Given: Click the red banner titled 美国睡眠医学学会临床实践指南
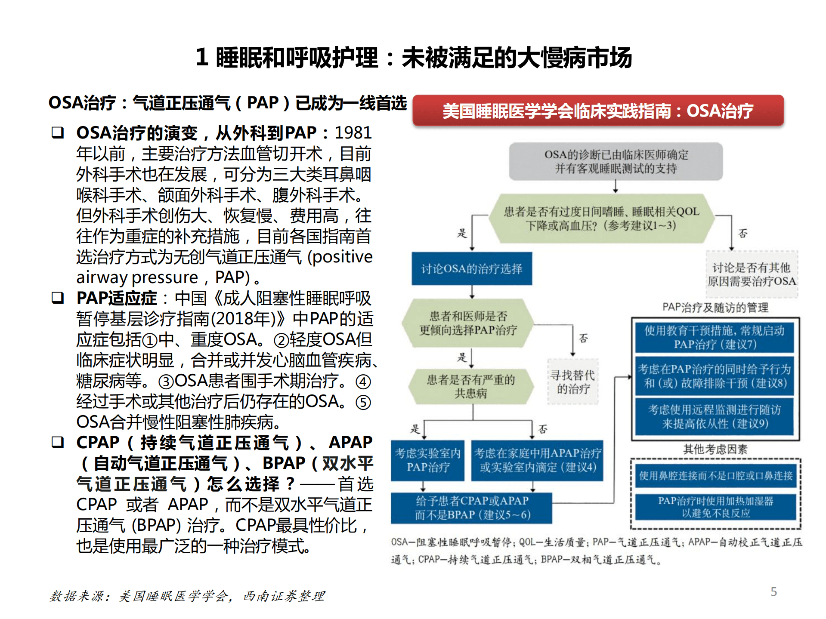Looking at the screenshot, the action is (598, 111).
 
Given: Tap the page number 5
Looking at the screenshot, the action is (773, 591).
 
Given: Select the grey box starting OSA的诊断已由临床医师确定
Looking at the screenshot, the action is (616, 161).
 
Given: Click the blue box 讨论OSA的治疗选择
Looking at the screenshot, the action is (472, 269).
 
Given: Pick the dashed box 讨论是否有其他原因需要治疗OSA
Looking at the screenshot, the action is (752, 274).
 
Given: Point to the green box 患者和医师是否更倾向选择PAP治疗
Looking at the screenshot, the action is (468, 323).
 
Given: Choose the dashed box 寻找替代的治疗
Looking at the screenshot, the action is (572, 382).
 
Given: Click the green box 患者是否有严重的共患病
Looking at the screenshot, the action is (471, 386).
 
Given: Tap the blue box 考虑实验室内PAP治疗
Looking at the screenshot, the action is (428, 460).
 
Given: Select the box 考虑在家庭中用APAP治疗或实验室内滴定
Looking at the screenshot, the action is (537, 460).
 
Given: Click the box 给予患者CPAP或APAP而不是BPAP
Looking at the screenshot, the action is (472, 508).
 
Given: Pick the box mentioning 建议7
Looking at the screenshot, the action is (715, 337).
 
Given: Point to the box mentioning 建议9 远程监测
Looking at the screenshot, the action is (715, 416).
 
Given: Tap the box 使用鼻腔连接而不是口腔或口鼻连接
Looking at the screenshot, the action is (715, 475).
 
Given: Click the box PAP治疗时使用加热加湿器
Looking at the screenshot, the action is (715, 507).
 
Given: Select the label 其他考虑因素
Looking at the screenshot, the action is (715, 449).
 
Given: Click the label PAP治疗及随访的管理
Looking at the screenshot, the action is (715, 307).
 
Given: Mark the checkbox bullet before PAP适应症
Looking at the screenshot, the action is (58, 298).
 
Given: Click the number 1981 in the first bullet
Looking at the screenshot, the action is (353, 132).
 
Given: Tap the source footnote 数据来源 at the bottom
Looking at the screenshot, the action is (187, 596).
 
